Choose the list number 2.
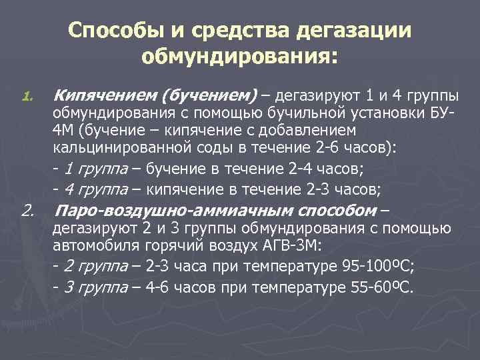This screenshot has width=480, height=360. point(27,212)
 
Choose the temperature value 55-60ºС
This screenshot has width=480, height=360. point(381,288)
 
